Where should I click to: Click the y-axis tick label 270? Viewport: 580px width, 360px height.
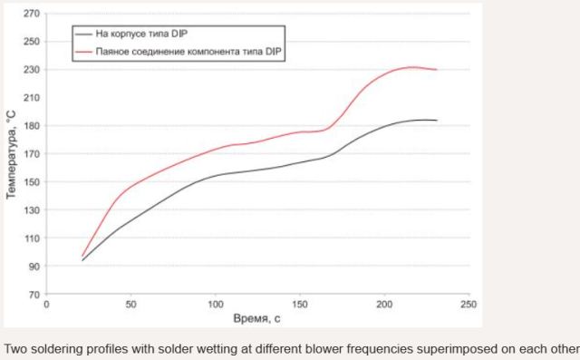[32, 14]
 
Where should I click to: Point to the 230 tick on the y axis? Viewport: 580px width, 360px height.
[32, 70]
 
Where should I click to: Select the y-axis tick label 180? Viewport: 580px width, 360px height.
[32, 126]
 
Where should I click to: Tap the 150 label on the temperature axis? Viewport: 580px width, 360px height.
[32, 182]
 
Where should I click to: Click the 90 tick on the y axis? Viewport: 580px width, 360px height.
[34, 267]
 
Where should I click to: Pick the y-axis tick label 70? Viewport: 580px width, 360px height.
[34, 295]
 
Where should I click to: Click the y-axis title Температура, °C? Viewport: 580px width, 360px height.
[10, 154]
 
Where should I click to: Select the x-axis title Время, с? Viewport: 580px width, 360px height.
[257, 320]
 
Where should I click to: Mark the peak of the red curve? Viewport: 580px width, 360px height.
[413, 67]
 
